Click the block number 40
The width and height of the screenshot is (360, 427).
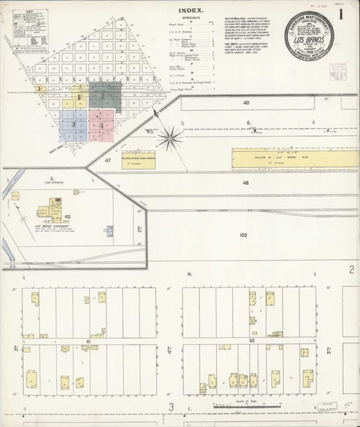pyautogui.click(x=246, y=103)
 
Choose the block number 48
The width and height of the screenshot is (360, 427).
pyautogui.click(x=245, y=183)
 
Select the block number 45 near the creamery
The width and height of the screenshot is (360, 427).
pyautogui.click(x=68, y=216)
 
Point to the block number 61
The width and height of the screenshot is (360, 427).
pyautogui.click(x=89, y=342)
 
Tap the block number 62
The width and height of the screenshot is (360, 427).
pyautogui.click(x=252, y=342)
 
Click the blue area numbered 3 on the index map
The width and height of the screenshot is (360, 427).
pyautogui.click(x=73, y=124)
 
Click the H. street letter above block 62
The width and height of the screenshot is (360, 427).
pyautogui.click(x=190, y=274)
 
